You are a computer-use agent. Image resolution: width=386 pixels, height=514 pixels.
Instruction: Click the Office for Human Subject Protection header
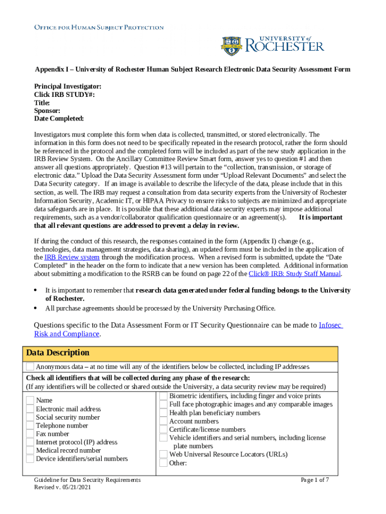99,27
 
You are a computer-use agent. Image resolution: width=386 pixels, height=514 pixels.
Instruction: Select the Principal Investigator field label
68,86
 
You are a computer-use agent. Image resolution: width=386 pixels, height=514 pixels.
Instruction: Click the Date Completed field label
59,118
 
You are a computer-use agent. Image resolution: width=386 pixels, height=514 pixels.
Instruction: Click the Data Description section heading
58,353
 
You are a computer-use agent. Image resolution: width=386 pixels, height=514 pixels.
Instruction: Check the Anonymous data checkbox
30,366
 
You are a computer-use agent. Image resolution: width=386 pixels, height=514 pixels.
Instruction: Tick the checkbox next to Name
30,401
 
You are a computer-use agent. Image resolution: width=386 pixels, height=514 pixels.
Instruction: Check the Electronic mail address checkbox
30,409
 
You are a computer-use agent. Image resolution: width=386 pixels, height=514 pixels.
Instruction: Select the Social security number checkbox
30,417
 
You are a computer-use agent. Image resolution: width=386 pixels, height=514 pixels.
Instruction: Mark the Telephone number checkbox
30,426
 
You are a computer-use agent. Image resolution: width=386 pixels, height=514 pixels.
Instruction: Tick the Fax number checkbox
30,434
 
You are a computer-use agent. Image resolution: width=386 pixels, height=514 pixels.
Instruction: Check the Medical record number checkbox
30,450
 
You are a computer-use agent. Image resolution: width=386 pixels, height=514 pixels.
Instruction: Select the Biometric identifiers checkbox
163,396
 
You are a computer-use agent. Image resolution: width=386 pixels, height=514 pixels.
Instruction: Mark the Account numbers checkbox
163,421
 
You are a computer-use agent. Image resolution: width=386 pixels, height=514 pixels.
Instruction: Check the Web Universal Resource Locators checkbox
163,454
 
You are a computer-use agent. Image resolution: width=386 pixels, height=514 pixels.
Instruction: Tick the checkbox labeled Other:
163,463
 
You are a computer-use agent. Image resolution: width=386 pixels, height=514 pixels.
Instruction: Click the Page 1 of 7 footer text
314,480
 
